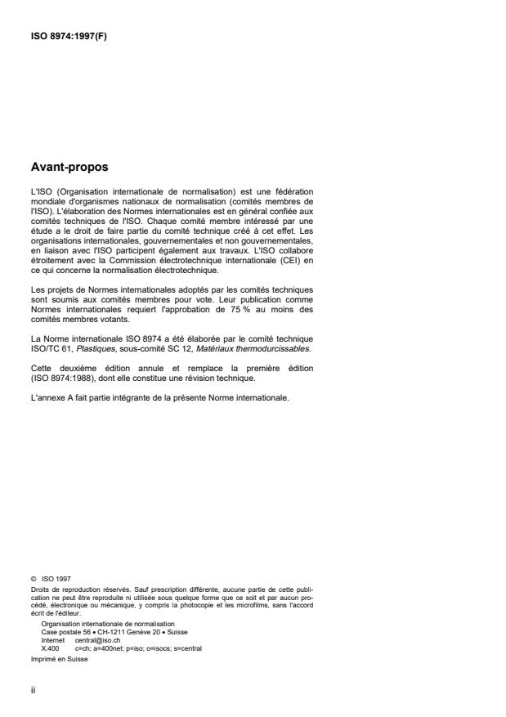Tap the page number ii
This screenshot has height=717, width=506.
33,689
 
